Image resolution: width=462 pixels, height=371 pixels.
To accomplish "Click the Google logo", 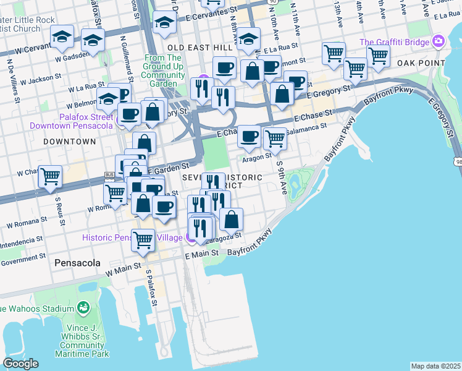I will point(20,364).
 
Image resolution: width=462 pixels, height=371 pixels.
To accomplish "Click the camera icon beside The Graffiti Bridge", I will point(439,42).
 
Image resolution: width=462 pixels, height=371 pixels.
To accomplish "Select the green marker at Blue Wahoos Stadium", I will point(83,308).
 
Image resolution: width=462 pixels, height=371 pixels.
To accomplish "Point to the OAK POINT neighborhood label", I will point(422,63).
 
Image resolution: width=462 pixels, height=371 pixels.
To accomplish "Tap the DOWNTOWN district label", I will point(70,142).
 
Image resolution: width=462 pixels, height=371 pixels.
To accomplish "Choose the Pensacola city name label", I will point(77,263).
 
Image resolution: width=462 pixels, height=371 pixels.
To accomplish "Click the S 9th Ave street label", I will point(281,177).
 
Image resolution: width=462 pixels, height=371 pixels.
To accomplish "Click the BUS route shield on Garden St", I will point(110,175).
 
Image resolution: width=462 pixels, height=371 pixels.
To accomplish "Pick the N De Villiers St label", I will point(10,74).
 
